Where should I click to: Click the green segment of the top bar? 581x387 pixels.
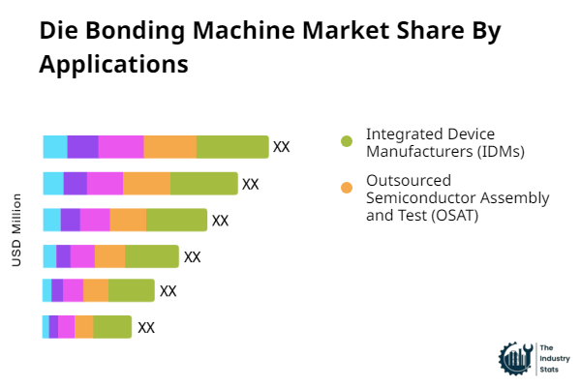click(x=232, y=147)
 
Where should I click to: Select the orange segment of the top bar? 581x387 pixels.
click(x=170, y=147)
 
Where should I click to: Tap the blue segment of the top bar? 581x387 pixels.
click(x=55, y=147)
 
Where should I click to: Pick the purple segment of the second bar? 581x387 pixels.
click(x=76, y=183)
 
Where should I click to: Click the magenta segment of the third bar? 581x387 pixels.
click(x=95, y=220)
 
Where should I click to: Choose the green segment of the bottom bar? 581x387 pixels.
click(x=112, y=327)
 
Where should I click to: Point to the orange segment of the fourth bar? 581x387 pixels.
click(x=109, y=256)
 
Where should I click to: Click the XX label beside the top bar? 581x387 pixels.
click(x=282, y=147)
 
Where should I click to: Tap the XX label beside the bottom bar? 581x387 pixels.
click(x=146, y=327)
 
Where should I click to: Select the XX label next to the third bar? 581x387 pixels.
click(x=220, y=221)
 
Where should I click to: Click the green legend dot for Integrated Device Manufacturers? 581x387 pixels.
click(x=347, y=141)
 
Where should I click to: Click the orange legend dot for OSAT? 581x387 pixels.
click(x=347, y=187)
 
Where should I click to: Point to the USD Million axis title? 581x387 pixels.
click(x=16, y=230)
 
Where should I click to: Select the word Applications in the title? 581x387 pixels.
click(x=113, y=65)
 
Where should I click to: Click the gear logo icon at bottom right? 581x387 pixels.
click(x=514, y=359)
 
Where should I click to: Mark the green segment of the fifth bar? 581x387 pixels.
click(x=132, y=290)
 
